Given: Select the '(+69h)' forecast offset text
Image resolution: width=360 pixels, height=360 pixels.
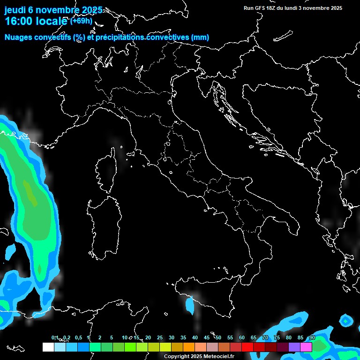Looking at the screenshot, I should (81, 21).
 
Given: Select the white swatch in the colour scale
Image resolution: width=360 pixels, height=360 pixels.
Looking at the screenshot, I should (48, 347).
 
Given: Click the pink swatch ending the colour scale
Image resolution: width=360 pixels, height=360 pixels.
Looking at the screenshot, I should (306, 347).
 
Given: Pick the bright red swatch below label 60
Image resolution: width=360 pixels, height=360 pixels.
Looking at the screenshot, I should (247, 347).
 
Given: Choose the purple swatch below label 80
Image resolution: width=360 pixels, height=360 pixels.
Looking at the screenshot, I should (294, 347).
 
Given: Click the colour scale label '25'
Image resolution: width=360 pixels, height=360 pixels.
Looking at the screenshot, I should (160, 338).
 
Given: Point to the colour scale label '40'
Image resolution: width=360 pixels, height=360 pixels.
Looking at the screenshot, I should (195, 338).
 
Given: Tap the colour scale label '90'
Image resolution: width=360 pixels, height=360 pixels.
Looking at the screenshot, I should (312, 338).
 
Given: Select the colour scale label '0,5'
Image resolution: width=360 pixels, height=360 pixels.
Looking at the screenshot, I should (78, 338).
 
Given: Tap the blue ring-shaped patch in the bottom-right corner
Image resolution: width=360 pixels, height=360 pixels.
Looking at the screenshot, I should (346, 321).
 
